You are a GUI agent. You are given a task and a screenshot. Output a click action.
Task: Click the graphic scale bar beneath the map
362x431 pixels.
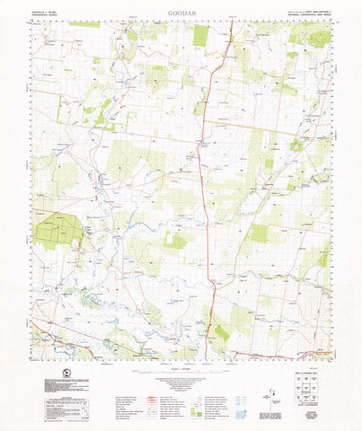click(181, 361)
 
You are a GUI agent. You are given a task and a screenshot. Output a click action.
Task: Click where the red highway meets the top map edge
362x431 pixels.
click(232, 22)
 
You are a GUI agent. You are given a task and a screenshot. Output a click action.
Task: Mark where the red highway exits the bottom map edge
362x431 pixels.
click(206, 348)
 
